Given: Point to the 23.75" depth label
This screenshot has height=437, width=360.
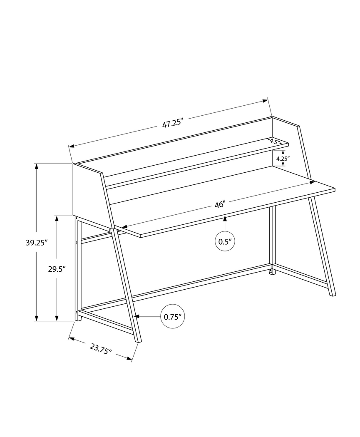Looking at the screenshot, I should (x=101, y=348).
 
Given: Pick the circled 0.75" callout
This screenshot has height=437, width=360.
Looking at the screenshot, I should (x=172, y=317).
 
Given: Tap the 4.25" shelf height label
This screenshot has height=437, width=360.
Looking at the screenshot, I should (x=283, y=158).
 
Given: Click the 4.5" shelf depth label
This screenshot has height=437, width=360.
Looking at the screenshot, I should (x=275, y=142).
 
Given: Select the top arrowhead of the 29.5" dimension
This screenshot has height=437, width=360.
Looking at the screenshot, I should (x=57, y=218).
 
